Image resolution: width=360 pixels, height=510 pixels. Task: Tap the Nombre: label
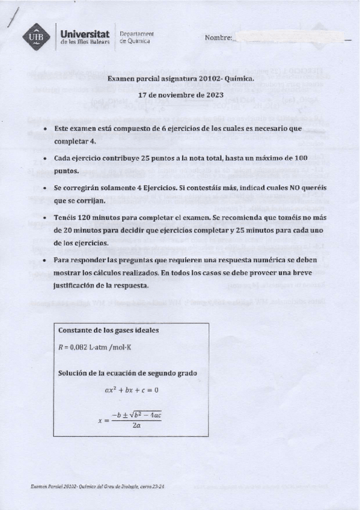[x=218, y=38]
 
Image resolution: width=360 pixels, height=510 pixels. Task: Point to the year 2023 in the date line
[x=213, y=95]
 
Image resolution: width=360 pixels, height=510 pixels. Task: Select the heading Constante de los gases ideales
[x=108, y=331]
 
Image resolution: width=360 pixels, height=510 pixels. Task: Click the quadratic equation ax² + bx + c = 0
[x=130, y=390]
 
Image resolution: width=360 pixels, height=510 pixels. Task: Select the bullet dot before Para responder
[x=46, y=260]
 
